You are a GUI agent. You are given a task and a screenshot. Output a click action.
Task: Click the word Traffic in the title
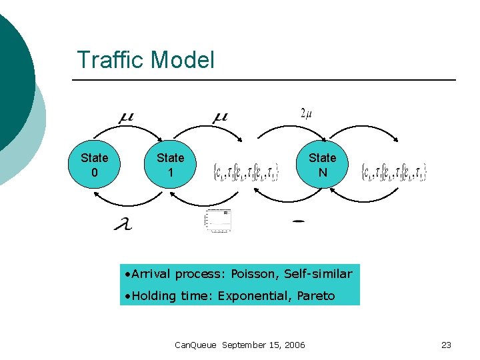coord(109,60)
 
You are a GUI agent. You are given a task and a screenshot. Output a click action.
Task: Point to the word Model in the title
coord(181,60)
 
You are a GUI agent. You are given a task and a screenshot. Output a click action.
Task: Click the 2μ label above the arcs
coord(307,113)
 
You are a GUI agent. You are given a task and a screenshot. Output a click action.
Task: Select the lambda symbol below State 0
coord(123,225)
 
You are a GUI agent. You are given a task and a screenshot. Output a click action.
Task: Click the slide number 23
coord(446,345)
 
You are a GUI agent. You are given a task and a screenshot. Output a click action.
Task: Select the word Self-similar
coord(318,274)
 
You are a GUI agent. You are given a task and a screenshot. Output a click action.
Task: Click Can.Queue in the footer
coord(195,345)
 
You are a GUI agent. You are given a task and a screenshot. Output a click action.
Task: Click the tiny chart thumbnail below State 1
coord(218,221)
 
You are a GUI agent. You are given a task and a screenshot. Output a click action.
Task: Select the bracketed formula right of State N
coord(393,173)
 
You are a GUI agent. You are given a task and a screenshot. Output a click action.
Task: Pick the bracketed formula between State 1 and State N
coord(246,173)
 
